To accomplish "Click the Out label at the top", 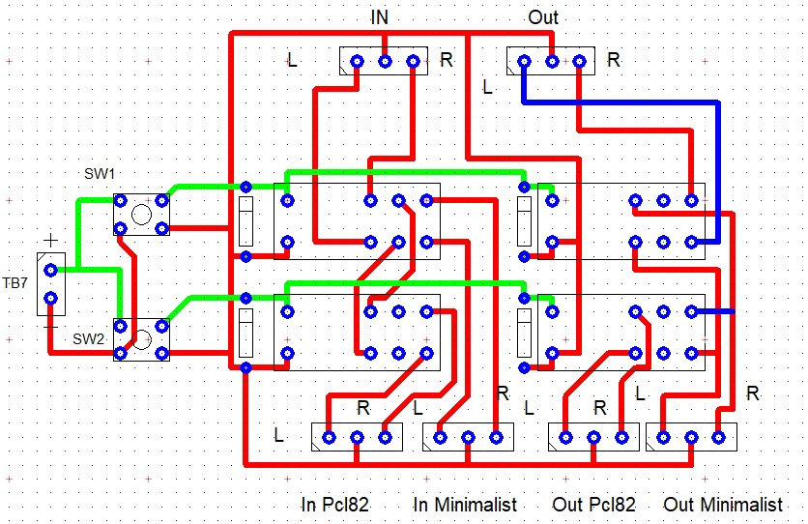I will click(x=542, y=17).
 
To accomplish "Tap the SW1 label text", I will click(x=100, y=174).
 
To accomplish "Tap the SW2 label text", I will click(x=88, y=339).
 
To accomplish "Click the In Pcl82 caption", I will click(x=334, y=505).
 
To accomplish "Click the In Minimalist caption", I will click(x=464, y=505).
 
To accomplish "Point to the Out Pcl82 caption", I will click(x=593, y=505).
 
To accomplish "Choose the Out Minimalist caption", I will click(x=722, y=505).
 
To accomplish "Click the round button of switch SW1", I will click(x=141, y=214).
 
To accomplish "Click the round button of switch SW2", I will click(x=141, y=339).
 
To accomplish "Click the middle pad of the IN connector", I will click(x=385, y=62).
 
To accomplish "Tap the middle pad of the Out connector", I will click(x=552, y=62).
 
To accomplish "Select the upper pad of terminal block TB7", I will click(x=50, y=271).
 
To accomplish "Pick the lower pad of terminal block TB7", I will click(x=50, y=299).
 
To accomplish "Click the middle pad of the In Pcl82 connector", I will click(x=357, y=437).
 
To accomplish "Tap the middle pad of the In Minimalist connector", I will click(x=468, y=437).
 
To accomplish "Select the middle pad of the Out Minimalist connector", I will click(x=690, y=437).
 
